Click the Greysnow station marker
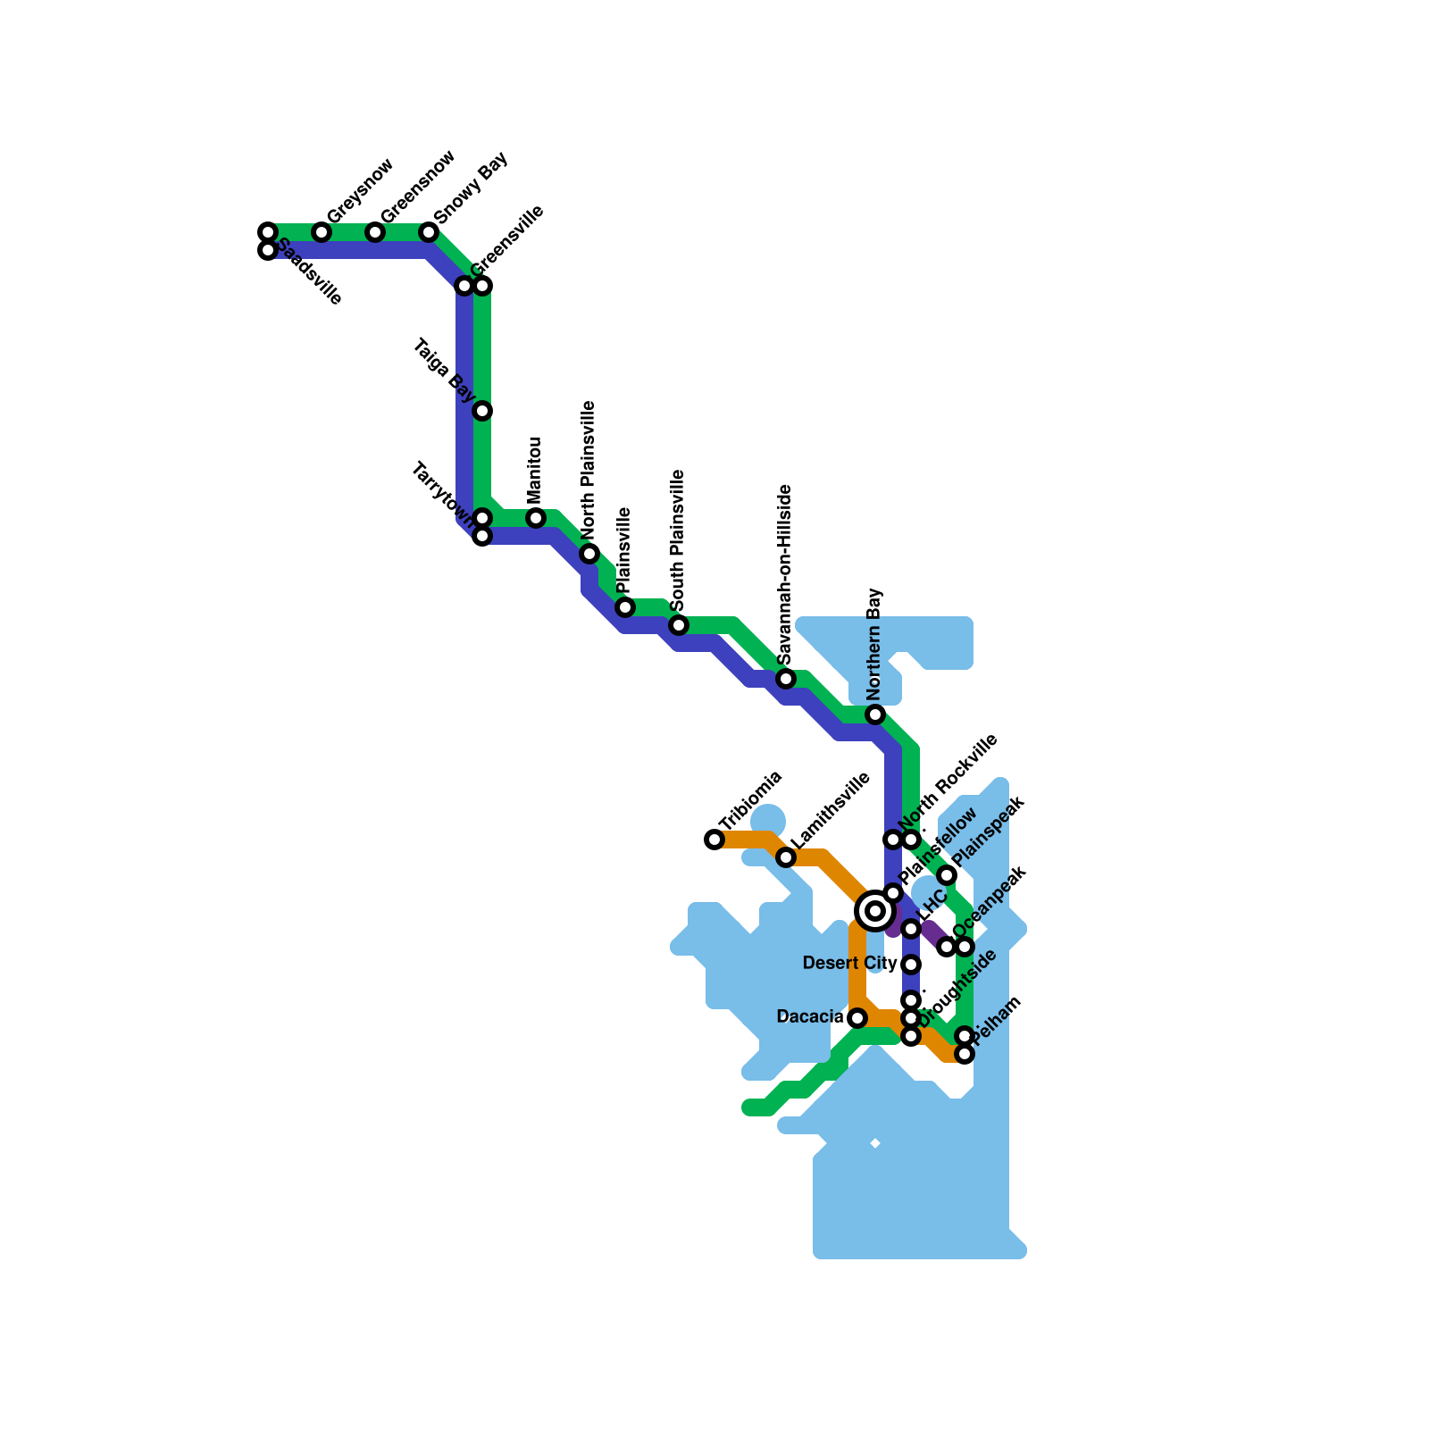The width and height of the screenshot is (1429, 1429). point(322,233)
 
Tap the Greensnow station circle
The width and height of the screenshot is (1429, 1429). point(375,233)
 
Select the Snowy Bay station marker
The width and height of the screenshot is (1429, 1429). point(429,233)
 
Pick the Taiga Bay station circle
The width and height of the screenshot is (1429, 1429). point(482,411)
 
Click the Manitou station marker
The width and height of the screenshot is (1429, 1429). point(536,518)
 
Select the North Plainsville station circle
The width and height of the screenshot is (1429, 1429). point(589,554)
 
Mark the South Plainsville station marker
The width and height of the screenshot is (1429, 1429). point(679,625)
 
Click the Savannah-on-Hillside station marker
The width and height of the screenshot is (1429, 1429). point(786,679)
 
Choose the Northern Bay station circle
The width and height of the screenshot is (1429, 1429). point(875,714)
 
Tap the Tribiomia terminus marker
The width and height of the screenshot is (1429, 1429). point(714,840)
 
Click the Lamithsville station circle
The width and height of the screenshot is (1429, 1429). point(786,857)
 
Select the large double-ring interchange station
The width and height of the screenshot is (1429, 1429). point(875,911)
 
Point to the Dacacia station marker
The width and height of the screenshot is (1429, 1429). point(857,1018)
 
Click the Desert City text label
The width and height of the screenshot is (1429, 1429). point(849,963)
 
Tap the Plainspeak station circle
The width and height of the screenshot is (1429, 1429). point(947,875)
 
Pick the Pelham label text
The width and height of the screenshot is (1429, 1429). point(996,1019)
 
